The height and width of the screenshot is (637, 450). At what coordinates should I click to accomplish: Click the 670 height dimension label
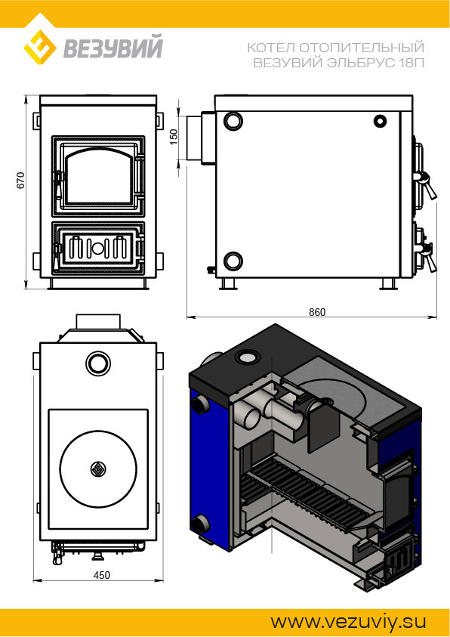pyautogui.click(x=20, y=180)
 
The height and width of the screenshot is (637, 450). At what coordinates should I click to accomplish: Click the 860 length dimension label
pyautogui.click(x=317, y=312)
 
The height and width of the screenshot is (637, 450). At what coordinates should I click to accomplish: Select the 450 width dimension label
pyautogui.click(x=101, y=575)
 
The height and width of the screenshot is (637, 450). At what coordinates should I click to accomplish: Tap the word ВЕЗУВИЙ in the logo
pyautogui.click(x=112, y=47)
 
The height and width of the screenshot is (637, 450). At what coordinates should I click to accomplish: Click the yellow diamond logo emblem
pyautogui.click(x=40, y=47)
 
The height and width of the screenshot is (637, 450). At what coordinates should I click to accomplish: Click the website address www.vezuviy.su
pyautogui.click(x=348, y=622)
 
